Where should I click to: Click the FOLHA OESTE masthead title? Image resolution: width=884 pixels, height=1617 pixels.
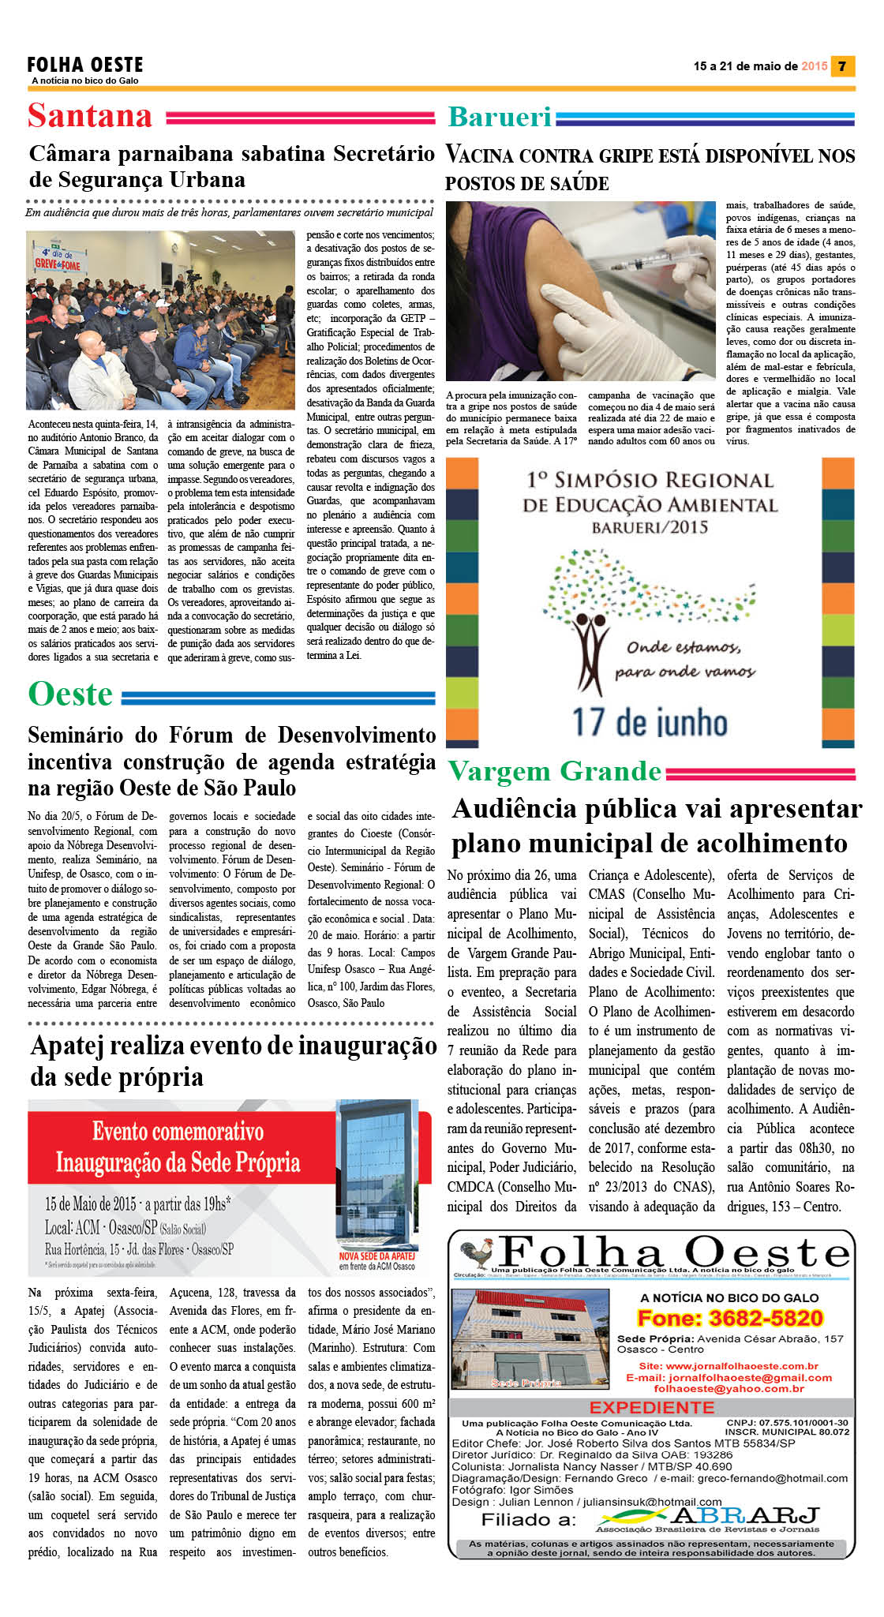click(85, 64)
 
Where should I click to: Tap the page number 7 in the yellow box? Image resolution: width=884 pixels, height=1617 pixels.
click(843, 66)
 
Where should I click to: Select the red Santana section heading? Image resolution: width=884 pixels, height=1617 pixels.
click(90, 116)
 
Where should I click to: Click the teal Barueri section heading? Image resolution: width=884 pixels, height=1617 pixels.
click(500, 117)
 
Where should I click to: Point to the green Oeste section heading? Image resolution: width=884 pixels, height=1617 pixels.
click(71, 694)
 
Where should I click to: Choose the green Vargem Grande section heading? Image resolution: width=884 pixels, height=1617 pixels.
click(555, 771)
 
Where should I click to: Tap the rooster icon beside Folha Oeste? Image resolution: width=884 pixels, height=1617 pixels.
click(476, 1253)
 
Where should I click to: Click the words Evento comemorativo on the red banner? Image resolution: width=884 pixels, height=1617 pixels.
click(178, 1132)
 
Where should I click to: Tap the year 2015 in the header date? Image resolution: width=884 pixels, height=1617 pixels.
click(815, 66)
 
